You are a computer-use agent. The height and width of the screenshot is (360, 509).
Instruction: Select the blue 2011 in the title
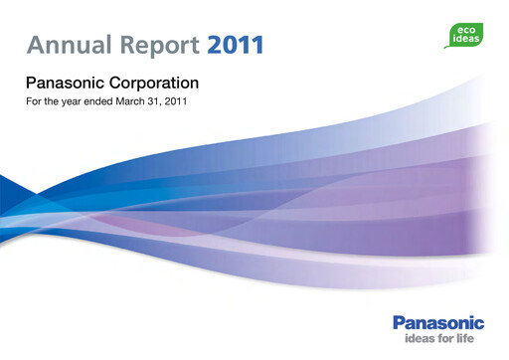coord(237,45)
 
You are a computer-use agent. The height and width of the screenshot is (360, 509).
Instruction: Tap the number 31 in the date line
coord(159,101)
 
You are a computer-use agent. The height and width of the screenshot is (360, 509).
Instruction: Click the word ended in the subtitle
coord(98,101)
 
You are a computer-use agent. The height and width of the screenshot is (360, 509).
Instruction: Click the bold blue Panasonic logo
coord(438,323)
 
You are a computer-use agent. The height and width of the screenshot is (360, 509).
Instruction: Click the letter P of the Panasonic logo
coord(399,323)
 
